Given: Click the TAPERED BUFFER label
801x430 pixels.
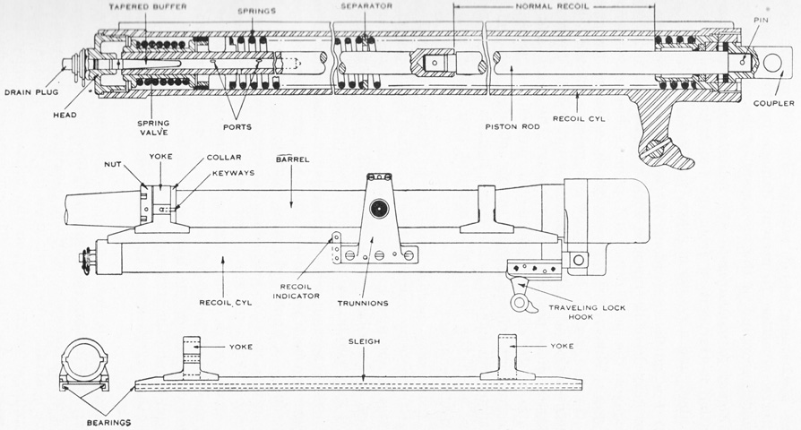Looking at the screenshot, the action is (148, 7).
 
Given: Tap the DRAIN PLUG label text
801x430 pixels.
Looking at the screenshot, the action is (31, 92).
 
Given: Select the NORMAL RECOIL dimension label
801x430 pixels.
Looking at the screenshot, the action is (551, 6).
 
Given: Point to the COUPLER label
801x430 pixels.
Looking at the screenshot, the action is (774, 104).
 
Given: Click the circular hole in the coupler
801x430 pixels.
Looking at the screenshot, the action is (772, 63).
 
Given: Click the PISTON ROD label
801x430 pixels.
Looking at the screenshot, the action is (512, 126).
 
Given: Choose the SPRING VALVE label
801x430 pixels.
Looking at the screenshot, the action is (152, 128).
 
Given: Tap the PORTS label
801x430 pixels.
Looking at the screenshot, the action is (237, 126).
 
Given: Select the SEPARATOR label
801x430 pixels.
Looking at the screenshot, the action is (366, 6).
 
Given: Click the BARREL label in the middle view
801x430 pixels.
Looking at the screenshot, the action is (293, 159).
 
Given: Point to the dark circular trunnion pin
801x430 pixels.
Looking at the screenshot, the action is (380, 209).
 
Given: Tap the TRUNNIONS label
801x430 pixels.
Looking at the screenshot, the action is (363, 304).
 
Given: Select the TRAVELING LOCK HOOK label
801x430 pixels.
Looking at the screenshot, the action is (587, 312).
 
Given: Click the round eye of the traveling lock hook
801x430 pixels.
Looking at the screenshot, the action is (520, 303).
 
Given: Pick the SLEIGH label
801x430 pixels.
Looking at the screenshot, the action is (365, 341).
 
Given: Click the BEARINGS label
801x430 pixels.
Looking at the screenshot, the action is (108, 423).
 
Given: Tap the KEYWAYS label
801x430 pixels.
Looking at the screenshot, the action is (234, 173).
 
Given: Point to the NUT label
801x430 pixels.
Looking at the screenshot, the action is (112, 165).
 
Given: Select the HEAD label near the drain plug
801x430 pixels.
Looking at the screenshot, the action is (65, 116).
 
